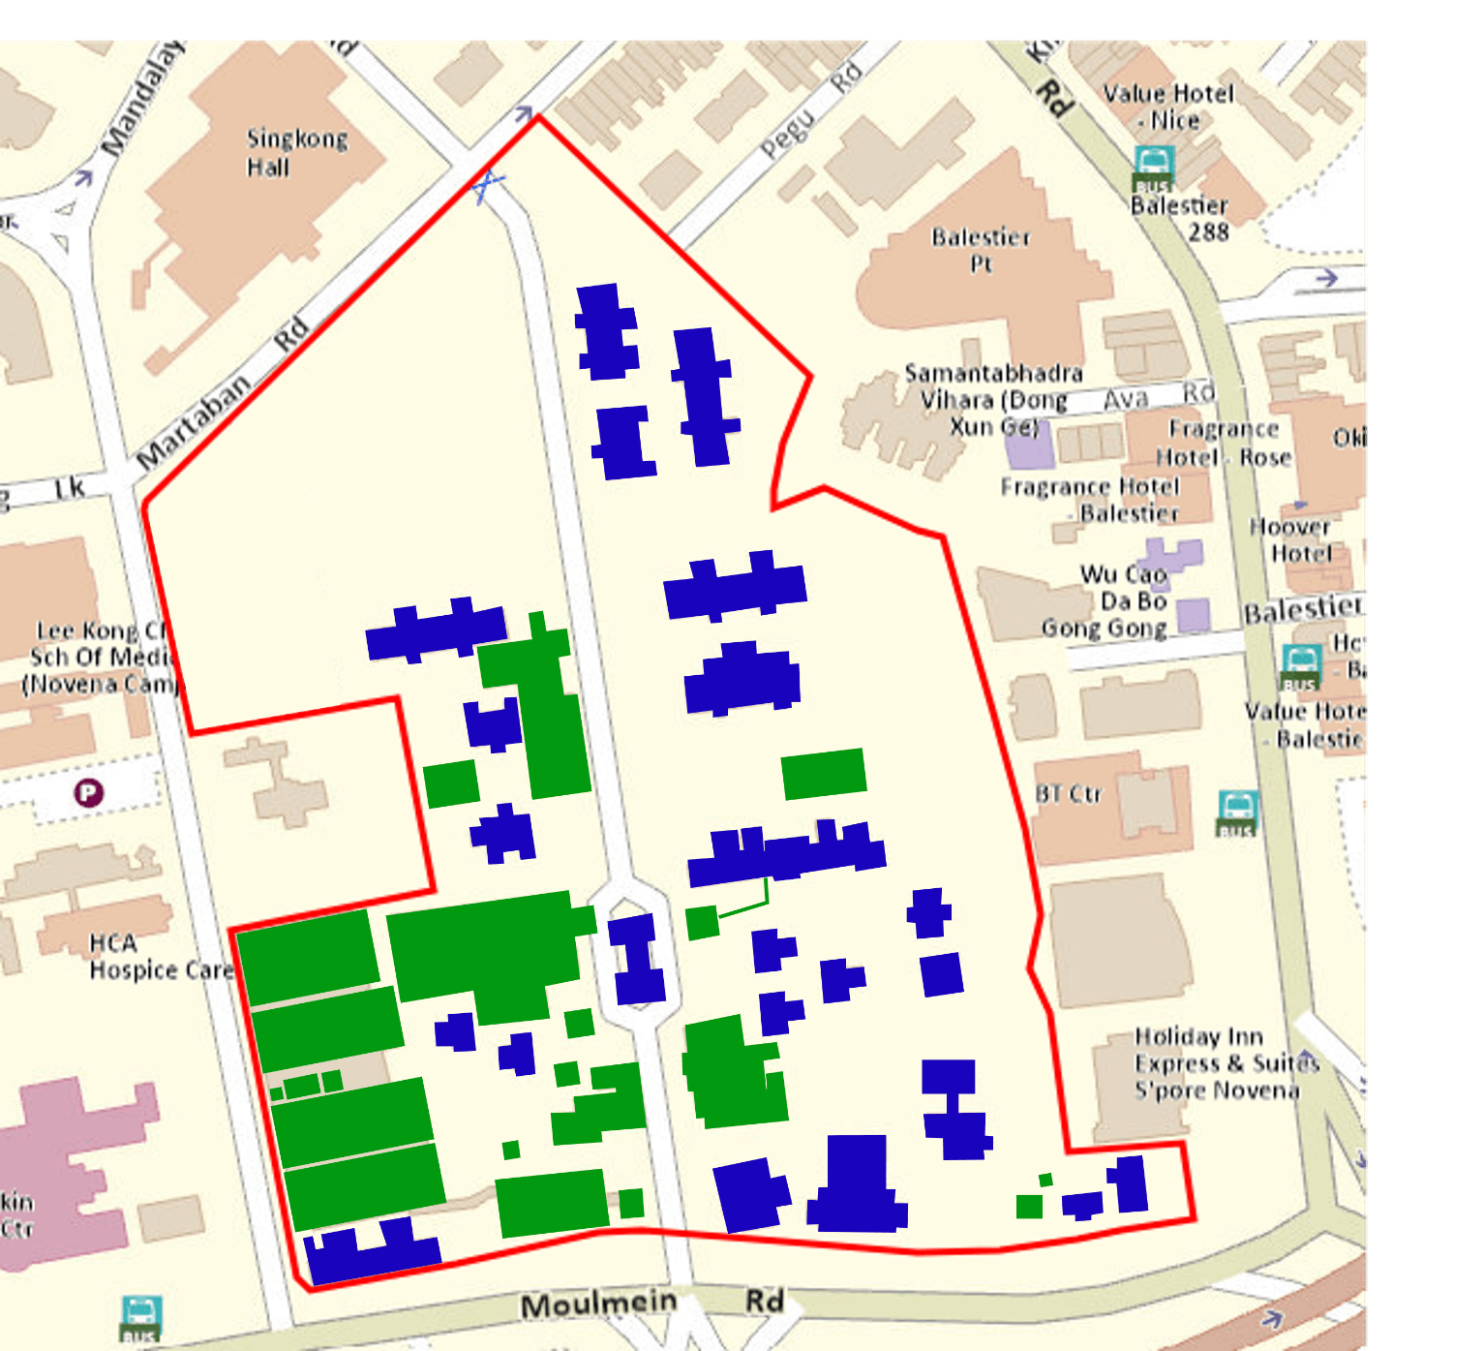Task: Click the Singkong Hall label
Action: pyautogui.click(x=295, y=153)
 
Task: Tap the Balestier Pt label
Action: pyautogui.click(x=981, y=250)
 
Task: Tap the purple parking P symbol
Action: pyautogui.click(x=88, y=793)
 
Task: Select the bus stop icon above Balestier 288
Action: pyautogui.click(x=1154, y=168)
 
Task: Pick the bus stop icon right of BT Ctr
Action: pyautogui.click(x=1237, y=812)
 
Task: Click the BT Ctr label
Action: pyautogui.click(x=1068, y=794)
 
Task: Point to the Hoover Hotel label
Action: pyautogui.click(x=1290, y=539)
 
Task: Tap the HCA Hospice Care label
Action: pyautogui.click(x=160, y=957)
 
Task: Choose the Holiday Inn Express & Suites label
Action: pyautogui.click(x=1226, y=1063)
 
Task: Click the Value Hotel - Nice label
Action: pyautogui.click(x=1169, y=107)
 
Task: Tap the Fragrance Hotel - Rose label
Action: pyautogui.click(x=1224, y=443)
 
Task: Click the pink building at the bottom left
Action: pyautogui.click(x=68, y=1172)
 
